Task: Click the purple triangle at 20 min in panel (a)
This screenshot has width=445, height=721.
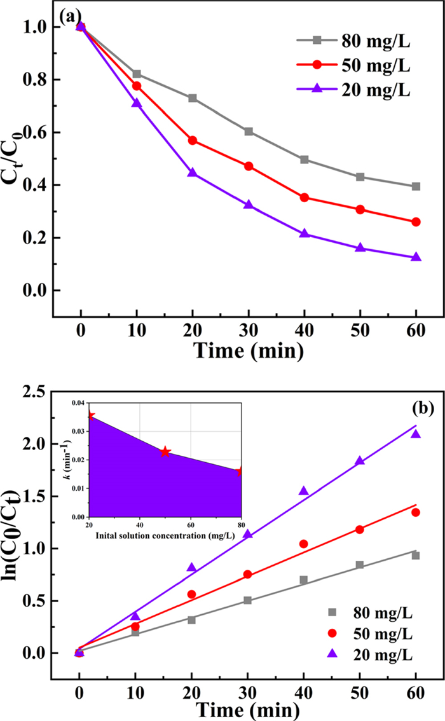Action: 192,173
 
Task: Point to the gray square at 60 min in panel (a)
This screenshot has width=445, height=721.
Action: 416,186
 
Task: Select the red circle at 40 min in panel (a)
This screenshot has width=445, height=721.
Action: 304,198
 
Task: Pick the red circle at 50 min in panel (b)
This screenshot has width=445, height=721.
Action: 360,529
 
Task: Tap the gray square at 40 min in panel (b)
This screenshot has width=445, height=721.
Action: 304,580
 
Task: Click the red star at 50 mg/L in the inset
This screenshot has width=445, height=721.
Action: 165,452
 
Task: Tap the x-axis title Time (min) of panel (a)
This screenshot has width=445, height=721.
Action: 248,350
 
